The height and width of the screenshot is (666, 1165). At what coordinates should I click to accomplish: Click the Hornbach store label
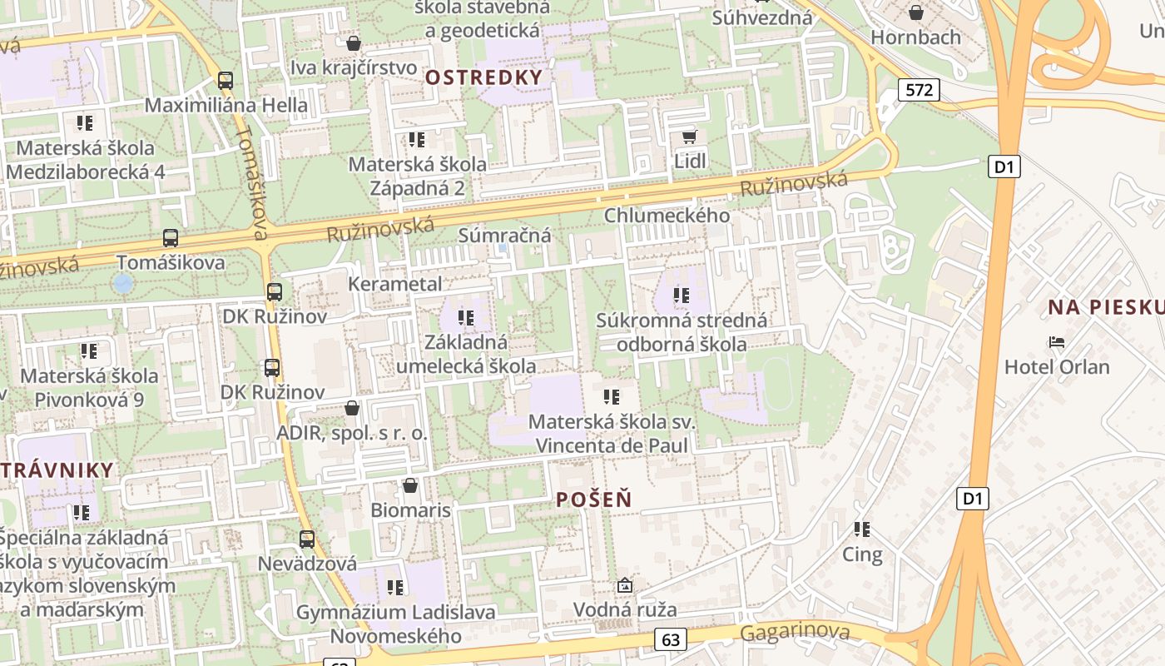(x=915, y=37)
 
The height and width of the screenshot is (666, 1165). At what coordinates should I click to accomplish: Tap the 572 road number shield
(x=919, y=90)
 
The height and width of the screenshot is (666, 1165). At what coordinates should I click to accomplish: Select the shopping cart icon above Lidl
(x=689, y=137)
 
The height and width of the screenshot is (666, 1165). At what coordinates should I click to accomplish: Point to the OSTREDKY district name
(x=483, y=77)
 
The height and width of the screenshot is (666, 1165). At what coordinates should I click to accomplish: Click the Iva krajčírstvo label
(x=354, y=67)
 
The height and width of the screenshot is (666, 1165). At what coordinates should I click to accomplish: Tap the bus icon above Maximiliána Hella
(x=226, y=81)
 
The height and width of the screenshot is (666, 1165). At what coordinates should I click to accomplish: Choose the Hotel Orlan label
(x=1057, y=366)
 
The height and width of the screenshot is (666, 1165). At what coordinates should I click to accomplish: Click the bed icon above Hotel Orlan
(x=1057, y=341)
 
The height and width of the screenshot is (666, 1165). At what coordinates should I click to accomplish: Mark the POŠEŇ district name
(x=593, y=499)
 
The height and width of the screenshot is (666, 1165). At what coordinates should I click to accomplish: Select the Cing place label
(x=862, y=554)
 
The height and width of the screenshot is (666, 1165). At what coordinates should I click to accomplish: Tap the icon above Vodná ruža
(x=625, y=586)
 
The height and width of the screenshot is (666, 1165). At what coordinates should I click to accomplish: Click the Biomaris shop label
(x=410, y=509)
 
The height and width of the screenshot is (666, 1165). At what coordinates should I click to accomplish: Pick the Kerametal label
(x=395, y=284)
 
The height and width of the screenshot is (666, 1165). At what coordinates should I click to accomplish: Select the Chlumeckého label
(x=667, y=216)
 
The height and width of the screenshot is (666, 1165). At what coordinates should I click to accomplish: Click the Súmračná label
(x=505, y=236)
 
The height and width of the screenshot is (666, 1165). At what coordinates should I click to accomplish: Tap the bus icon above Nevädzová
(x=307, y=539)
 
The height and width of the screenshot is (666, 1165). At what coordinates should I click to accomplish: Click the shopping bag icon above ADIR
(x=352, y=408)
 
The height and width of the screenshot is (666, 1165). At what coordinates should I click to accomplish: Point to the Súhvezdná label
(x=762, y=17)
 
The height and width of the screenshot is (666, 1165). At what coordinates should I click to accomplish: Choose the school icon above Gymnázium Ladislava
(x=395, y=588)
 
